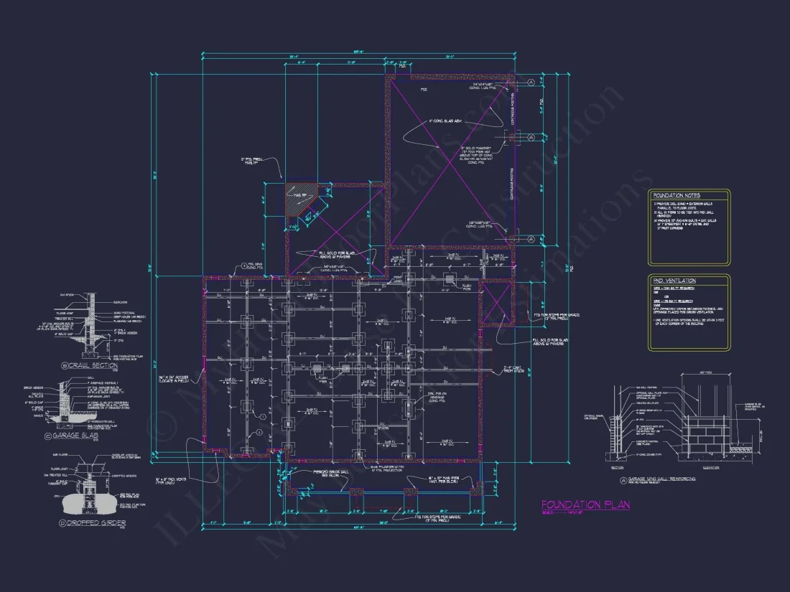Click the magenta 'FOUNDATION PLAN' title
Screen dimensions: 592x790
click(585, 505)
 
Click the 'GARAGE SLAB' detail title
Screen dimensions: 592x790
click(98, 436)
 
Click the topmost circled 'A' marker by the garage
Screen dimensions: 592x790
click(531, 83)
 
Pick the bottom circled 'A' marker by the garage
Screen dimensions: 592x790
click(531, 239)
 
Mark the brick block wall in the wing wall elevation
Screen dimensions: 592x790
click(701, 434)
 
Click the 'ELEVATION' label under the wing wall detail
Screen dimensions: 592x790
click(701, 466)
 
